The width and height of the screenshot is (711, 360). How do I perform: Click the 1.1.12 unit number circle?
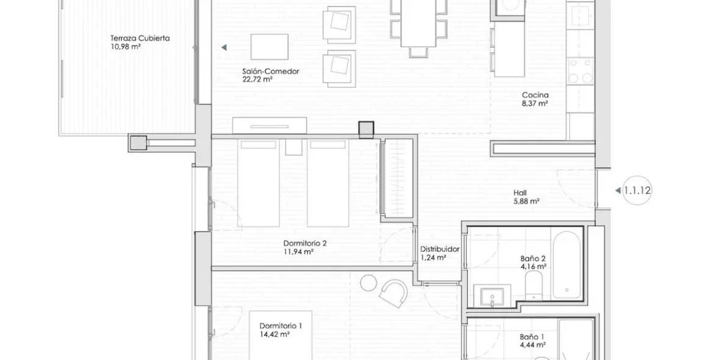click(637, 191)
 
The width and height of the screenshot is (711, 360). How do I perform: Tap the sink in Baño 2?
click(493, 296)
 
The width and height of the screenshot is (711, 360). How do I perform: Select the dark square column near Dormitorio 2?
click(366, 130)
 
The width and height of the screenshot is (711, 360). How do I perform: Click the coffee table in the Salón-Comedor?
click(269, 47)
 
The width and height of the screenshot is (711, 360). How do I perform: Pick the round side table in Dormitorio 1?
click(368, 283)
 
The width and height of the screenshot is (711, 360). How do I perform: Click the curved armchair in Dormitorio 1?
click(394, 294)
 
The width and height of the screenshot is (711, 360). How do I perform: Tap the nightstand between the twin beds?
click(294, 147)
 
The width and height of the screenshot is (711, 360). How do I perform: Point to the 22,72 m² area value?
click(257, 79)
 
